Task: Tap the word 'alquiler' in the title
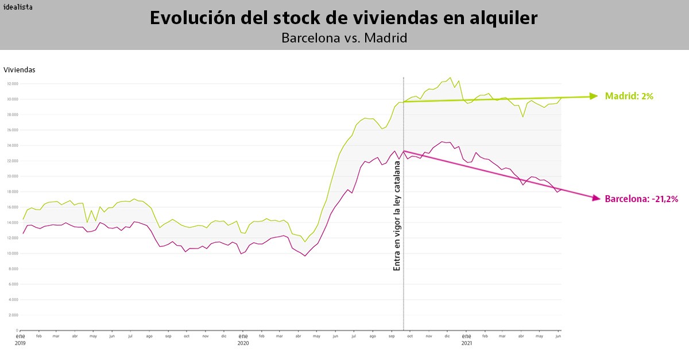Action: point(504,18)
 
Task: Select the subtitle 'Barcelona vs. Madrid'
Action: point(344,38)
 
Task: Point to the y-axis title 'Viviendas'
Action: point(20,70)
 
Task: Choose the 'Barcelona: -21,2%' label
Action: point(641,199)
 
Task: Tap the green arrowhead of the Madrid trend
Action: point(594,96)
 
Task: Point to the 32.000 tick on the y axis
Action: point(13,84)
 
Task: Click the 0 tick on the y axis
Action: point(17,331)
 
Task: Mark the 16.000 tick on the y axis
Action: point(13,207)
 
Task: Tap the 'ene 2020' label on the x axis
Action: point(243,339)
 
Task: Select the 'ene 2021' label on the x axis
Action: point(466,339)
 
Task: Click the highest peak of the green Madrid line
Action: point(450,78)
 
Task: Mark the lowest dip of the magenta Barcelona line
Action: point(305,256)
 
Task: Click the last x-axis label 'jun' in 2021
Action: point(558,336)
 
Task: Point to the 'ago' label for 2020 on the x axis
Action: point(372,336)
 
